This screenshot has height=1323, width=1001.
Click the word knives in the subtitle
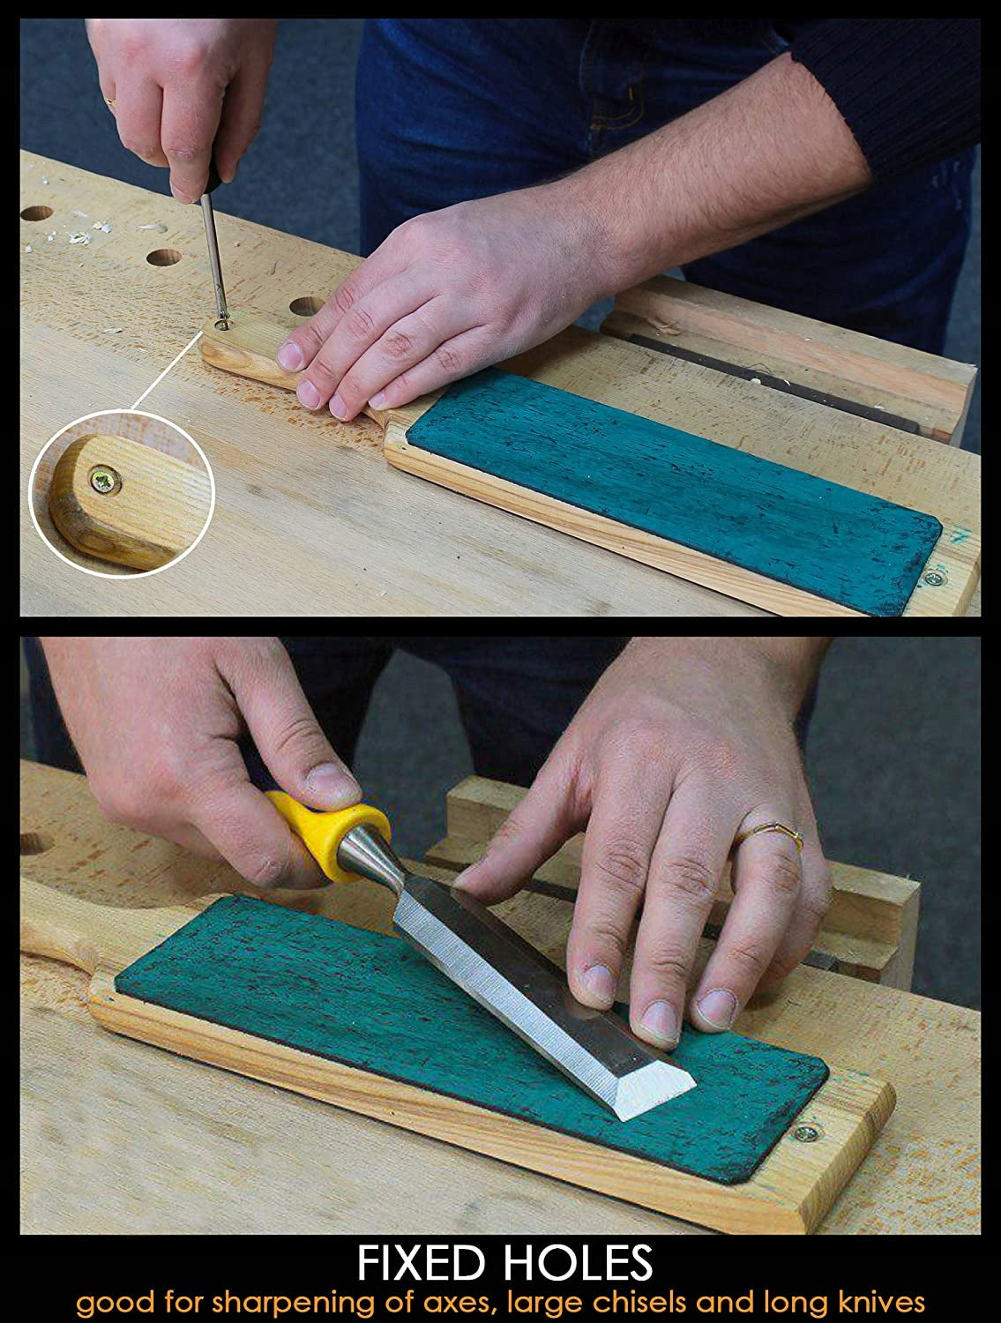pos(879,1302)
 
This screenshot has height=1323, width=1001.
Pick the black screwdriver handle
pos(211,175)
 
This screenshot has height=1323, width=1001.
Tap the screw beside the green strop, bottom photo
pos(806,1133)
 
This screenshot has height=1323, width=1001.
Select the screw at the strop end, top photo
pos(935,579)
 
